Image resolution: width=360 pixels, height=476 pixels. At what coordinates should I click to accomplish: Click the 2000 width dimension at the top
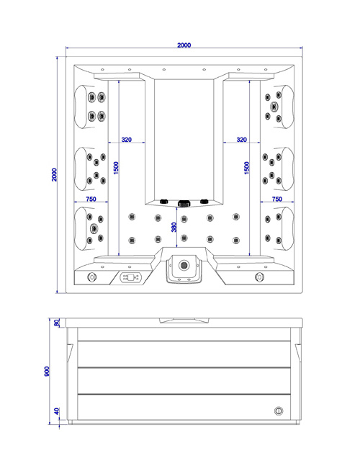(184, 45)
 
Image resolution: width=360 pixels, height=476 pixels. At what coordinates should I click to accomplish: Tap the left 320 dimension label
(126, 140)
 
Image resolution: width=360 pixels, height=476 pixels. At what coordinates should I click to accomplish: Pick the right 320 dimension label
(241, 140)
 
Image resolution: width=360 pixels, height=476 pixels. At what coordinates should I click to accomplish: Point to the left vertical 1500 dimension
(116, 170)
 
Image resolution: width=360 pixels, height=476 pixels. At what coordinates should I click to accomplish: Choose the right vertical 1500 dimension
(247, 170)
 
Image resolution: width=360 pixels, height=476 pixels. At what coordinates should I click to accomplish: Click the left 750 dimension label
(91, 199)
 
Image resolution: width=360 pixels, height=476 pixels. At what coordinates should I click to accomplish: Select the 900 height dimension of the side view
(47, 372)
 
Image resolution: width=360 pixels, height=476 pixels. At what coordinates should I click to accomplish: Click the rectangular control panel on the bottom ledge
(130, 277)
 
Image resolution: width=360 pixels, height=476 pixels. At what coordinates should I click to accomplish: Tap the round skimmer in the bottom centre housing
(184, 266)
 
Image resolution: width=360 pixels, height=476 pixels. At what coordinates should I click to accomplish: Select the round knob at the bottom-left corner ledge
(91, 277)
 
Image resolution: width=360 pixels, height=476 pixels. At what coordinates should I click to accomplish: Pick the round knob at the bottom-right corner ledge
(258, 277)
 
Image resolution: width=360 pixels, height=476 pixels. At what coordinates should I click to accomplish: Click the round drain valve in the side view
(279, 411)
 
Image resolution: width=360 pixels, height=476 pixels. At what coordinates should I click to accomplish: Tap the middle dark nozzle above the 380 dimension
(184, 202)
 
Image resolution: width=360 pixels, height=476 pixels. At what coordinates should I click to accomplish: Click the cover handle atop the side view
(184, 318)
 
